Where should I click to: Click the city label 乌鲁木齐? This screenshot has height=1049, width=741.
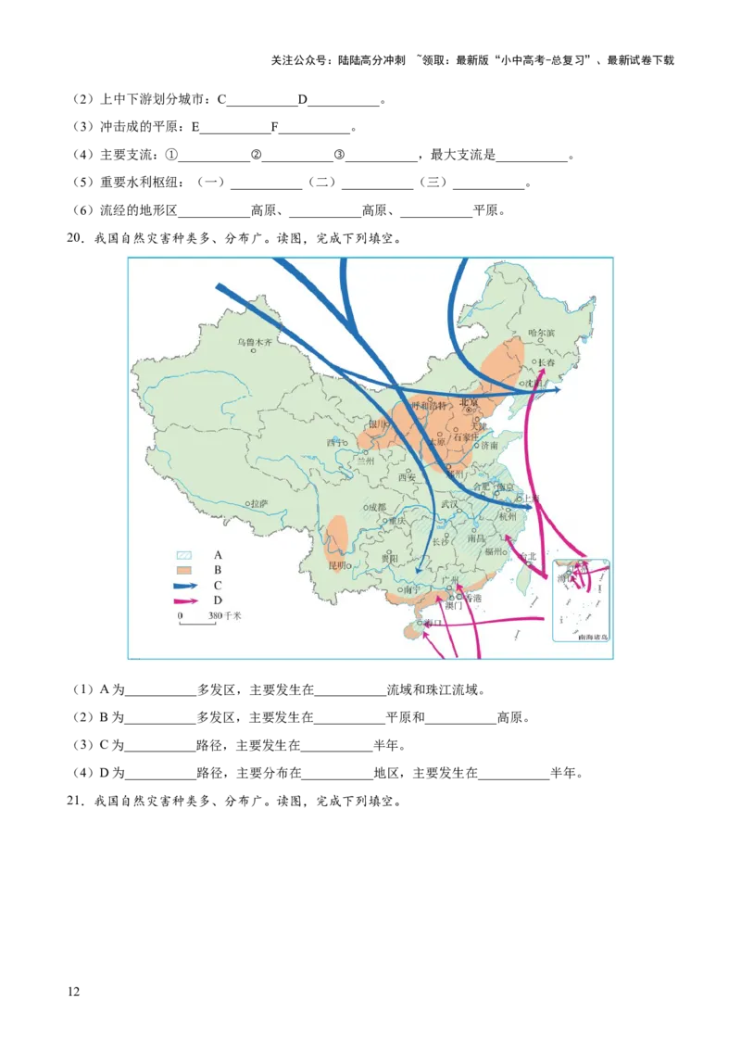pos(255,342)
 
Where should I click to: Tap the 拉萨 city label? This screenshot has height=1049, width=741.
pos(259,503)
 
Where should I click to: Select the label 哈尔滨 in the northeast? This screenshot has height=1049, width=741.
pos(541,333)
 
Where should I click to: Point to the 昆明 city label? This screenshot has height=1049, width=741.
pos(336,564)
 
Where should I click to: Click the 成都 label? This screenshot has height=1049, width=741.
pos(376,507)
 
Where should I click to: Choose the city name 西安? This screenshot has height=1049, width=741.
pos(408,477)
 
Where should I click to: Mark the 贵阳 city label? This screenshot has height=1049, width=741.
pos(389,559)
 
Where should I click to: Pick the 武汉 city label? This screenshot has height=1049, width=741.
pos(449,504)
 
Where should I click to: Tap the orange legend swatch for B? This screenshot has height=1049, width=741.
pos(184,570)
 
